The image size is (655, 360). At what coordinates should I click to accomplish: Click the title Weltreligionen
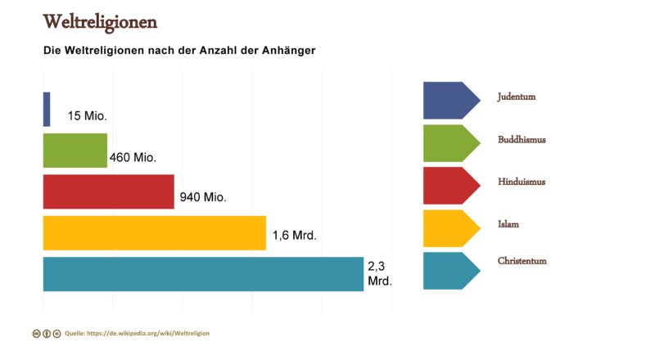click(x=100, y=21)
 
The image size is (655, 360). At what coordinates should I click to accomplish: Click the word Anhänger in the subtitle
click(x=288, y=50)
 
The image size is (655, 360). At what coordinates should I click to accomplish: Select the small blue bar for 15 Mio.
click(x=47, y=109)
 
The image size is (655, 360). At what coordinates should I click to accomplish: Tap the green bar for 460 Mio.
click(x=75, y=151)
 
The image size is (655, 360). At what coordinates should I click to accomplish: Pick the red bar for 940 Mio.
click(x=108, y=191)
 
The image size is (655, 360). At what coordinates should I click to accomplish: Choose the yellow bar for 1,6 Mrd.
click(x=154, y=232)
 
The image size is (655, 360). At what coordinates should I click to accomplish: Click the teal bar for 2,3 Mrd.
click(x=202, y=274)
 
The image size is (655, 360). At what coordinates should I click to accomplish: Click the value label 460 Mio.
click(x=133, y=157)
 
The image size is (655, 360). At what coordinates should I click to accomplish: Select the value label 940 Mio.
click(x=201, y=197)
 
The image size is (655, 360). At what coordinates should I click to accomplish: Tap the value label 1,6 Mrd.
click(x=294, y=236)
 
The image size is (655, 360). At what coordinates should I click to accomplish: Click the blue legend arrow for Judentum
click(x=449, y=101)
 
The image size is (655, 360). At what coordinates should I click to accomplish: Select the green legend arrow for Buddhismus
click(x=449, y=143)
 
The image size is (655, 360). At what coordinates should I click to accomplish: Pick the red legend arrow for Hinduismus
click(x=449, y=186)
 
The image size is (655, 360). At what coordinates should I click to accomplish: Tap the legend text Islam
click(x=508, y=223)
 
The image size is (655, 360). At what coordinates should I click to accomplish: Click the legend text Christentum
click(x=522, y=261)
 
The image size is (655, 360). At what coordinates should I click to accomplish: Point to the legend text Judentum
click(x=516, y=97)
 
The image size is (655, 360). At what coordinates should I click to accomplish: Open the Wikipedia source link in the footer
click(x=142, y=333)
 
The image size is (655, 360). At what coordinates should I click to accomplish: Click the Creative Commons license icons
click(x=47, y=334)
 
